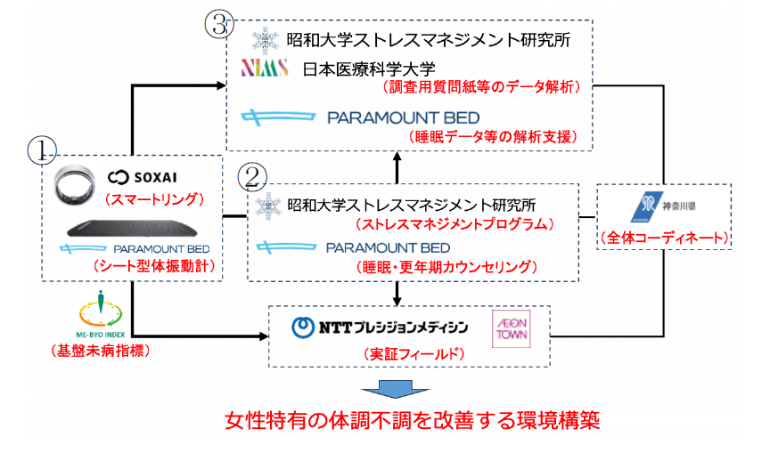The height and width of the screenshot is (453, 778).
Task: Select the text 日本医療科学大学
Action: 361,69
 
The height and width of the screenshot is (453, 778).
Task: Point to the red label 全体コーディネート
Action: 664,239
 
